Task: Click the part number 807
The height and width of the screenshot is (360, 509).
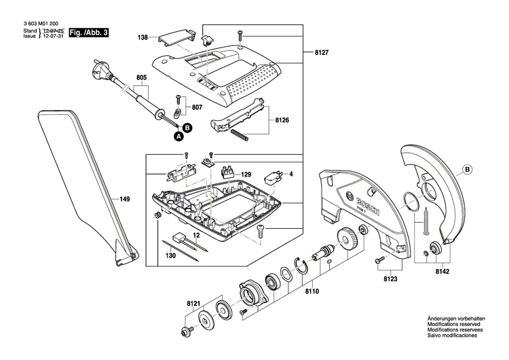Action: pos(197,107)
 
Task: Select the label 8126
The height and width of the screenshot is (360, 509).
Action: pos(283,119)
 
